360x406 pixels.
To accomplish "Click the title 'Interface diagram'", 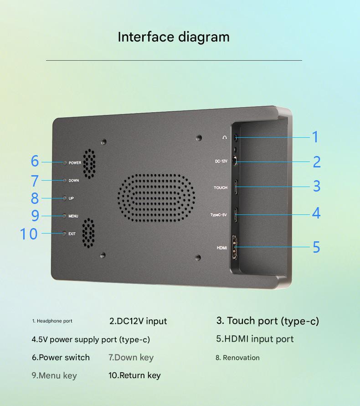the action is (174, 37).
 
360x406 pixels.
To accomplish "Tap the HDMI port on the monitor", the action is (235, 247).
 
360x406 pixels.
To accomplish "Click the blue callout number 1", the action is (315, 137).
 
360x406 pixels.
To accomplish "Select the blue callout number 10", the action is (29, 234).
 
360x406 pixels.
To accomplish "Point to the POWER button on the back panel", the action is (65, 162).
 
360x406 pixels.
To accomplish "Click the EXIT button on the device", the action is (64, 234).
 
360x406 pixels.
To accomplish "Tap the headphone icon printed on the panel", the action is (225, 137).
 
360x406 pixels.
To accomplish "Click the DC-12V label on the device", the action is (221, 161).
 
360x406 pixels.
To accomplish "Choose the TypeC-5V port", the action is (236, 215).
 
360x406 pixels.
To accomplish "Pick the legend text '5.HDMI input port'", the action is (255, 339).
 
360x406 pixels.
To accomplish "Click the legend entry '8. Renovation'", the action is (238, 358).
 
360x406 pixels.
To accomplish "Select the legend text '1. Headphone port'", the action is (52, 321).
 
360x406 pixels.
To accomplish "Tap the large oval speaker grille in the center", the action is (156, 198).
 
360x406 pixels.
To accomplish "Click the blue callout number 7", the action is (35, 181).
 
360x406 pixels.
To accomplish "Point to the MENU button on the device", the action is (64, 216).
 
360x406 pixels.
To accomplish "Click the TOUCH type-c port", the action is (236, 187).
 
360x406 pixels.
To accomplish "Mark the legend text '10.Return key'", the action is (135, 375).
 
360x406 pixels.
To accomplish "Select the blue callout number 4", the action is (316, 213).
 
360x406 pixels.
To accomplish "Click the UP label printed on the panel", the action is (71, 198).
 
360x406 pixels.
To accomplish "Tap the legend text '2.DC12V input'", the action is (138, 321).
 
